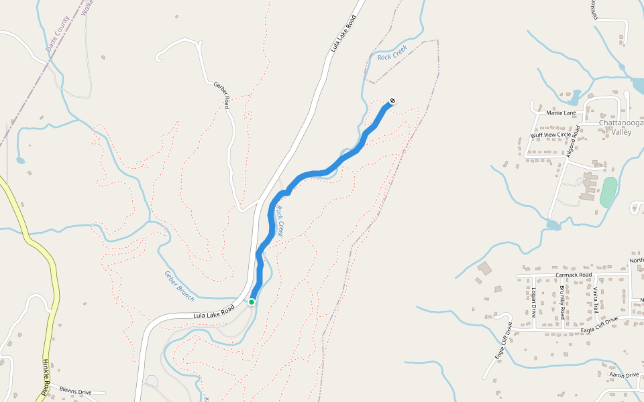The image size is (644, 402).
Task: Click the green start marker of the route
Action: (x=252, y=302)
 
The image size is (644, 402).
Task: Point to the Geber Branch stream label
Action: (x=179, y=285)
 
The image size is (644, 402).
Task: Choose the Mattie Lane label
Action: (x=561, y=113)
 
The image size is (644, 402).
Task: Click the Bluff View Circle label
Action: (x=551, y=135)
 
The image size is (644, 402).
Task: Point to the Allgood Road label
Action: (x=572, y=141)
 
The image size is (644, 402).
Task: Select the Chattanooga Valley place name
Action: (x=621, y=127)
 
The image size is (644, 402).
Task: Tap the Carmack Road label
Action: (x=574, y=275)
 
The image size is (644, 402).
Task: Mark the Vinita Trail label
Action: (x=595, y=299)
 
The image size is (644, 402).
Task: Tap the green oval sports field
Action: (x=608, y=192)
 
